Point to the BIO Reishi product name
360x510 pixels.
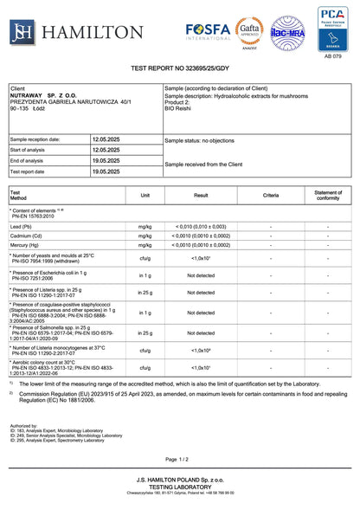178,109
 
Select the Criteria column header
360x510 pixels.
271,195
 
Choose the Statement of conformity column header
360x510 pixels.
327,195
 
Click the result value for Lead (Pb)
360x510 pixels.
201,226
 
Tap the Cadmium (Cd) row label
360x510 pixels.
29,236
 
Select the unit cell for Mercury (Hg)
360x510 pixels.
145,245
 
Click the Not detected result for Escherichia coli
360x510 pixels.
201,275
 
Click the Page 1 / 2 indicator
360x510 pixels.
178,459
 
